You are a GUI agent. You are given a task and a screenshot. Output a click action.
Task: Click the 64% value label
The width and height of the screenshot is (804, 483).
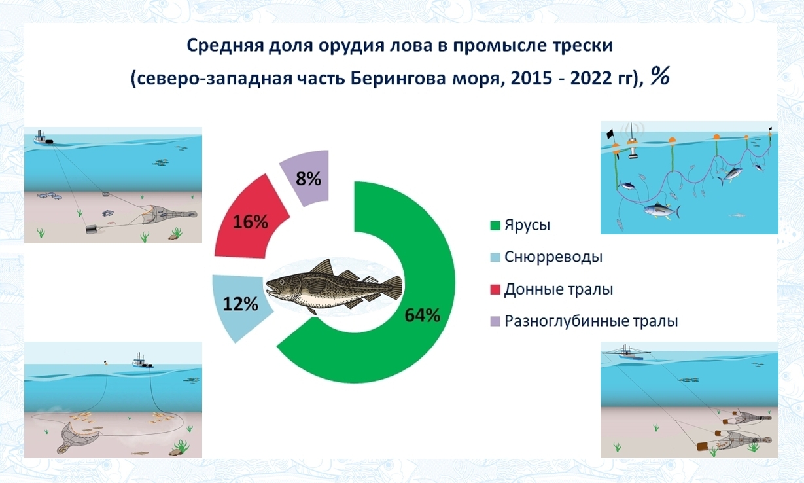coord(423,315)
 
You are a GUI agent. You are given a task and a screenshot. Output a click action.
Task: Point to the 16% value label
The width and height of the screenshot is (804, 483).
coord(250,222)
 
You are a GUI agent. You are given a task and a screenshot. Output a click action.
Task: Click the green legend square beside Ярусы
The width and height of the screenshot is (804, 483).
coord(495,226)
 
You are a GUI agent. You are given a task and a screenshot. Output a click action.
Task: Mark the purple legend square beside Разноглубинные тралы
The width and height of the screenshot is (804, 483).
coord(495,321)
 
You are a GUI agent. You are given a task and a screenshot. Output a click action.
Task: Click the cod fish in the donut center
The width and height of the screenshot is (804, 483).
coord(334,287)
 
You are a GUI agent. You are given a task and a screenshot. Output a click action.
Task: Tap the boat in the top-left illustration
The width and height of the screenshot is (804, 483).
coord(43,137)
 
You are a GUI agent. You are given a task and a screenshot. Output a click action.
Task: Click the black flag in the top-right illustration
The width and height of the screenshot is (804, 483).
coord(610,134)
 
